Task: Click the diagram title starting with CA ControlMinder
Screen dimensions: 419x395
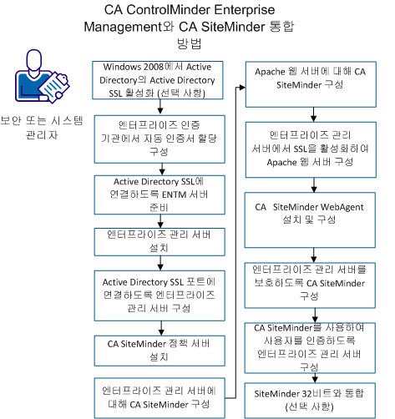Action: pos(197,26)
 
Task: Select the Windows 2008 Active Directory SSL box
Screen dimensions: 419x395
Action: pos(158,80)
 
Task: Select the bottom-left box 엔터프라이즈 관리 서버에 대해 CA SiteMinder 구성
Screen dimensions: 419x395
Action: pos(158,396)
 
